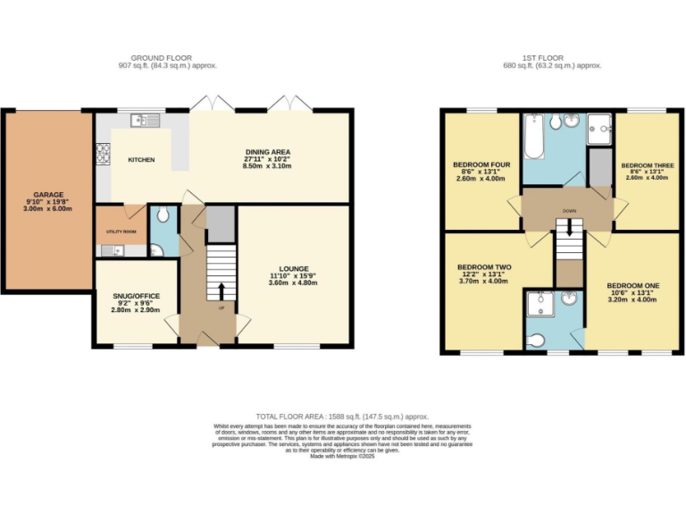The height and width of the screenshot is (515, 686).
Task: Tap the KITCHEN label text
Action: [x=141, y=160]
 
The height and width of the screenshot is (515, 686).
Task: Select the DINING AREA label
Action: [x=268, y=152]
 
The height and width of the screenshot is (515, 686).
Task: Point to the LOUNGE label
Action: [x=293, y=268]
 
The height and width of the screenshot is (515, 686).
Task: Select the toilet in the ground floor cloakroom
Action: [x=161, y=215]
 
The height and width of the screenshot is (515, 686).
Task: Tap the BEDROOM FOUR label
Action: [x=481, y=165]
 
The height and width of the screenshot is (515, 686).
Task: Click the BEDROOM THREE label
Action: [x=648, y=165]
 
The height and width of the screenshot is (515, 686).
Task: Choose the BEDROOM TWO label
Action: [x=483, y=267]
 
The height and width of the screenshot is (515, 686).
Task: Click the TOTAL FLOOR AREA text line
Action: [x=342, y=417]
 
